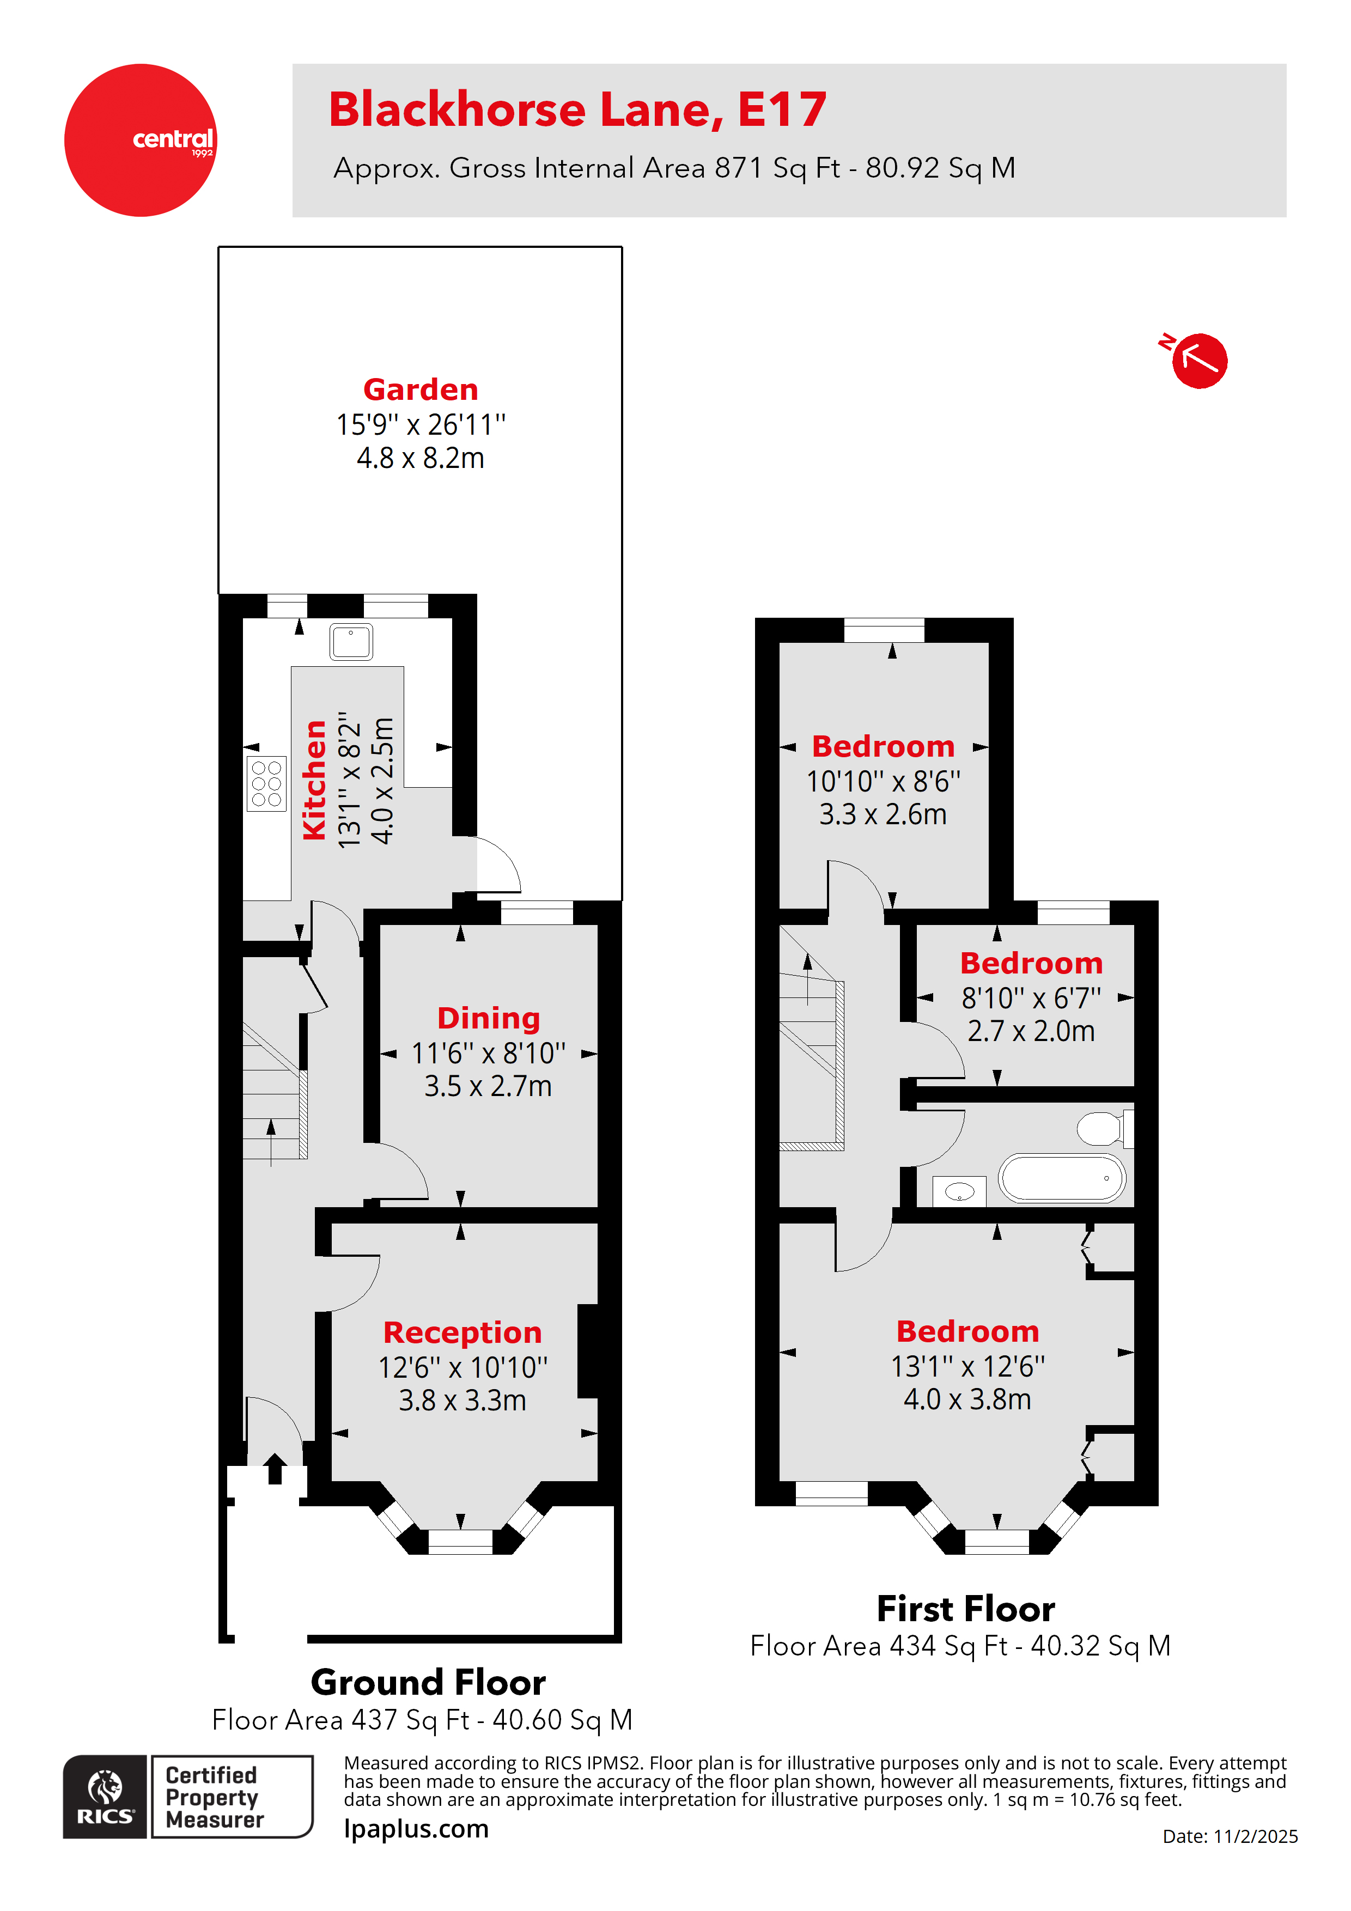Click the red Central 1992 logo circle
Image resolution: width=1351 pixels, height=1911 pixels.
(140, 140)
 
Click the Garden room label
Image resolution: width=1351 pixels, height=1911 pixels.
(421, 389)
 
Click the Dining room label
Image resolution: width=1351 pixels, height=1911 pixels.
(489, 1018)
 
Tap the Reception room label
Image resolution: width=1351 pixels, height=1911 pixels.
(462, 1332)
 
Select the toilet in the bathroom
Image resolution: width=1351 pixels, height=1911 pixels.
(1100, 1129)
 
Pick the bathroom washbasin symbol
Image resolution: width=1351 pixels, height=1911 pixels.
(959, 1191)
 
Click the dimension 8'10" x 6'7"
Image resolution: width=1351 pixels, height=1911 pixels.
(1031, 997)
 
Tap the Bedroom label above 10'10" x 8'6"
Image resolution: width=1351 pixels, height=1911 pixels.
(883, 747)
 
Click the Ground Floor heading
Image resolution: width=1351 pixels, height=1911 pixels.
(428, 1683)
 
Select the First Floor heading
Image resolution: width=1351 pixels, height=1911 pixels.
(966, 1609)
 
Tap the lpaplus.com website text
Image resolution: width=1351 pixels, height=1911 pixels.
(416, 1829)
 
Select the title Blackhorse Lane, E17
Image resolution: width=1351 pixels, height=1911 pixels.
(577, 110)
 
